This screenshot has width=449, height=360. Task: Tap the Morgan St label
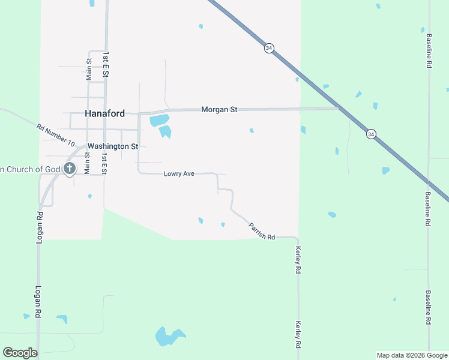pyautogui.click(x=219, y=109)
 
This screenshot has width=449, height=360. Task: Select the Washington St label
pyautogui.click(x=113, y=146)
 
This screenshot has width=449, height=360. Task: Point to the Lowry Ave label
pyautogui.click(x=179, y=174)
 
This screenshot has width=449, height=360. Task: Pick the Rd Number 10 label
pyautogui.click(x=55, y=136)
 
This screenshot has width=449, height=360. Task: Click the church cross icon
pyautogui.click(x=70, y=169)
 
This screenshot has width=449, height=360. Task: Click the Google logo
pyautogui.click(x=20, y=353)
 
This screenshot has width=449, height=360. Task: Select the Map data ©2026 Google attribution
pyautogui.click(x=412, y=355)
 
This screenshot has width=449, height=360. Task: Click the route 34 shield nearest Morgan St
pyautogui.click(x=269, y=48)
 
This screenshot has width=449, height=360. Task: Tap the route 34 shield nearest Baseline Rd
pyautogui.click(x=372, y=134)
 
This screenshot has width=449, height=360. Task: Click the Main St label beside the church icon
pyautogui.click(x=87, y=163)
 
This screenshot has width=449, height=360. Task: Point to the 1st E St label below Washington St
pyautogui.click(x=104, y=163)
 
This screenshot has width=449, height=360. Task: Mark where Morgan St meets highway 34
pyautogui.click(x=339, y=109)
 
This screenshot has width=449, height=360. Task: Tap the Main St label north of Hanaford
pyautogui.click(x=89, y=69)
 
